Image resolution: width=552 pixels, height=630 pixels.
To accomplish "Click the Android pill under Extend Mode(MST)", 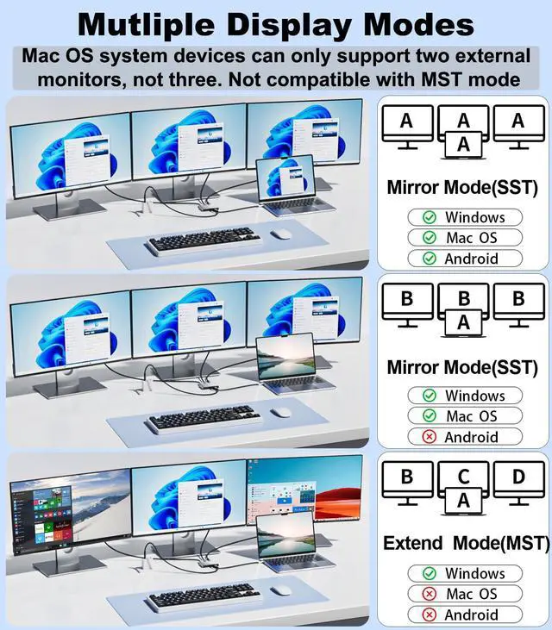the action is coord(466,614).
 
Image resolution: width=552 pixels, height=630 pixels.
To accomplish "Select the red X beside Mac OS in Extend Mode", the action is coord(428,594).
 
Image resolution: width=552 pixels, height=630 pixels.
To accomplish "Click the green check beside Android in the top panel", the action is coord(428,259).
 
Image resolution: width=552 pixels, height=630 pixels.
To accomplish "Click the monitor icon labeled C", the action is coord(463,477).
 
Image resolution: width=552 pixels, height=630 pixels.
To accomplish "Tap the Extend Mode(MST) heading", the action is coord(466,544).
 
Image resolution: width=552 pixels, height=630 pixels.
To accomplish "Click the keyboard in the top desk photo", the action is coord(204,240).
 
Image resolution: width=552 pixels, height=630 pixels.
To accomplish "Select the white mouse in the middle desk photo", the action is coord(280,411).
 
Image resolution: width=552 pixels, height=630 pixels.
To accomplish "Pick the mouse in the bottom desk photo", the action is coord(280,591).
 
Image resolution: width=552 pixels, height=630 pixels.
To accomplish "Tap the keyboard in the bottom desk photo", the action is coord(204,596).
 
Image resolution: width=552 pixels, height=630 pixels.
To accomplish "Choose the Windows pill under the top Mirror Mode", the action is coord(466,217).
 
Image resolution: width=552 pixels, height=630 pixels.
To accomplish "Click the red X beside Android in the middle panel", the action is coord(428,437).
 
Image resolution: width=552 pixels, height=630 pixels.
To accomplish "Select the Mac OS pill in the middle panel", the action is coord(466,416).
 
